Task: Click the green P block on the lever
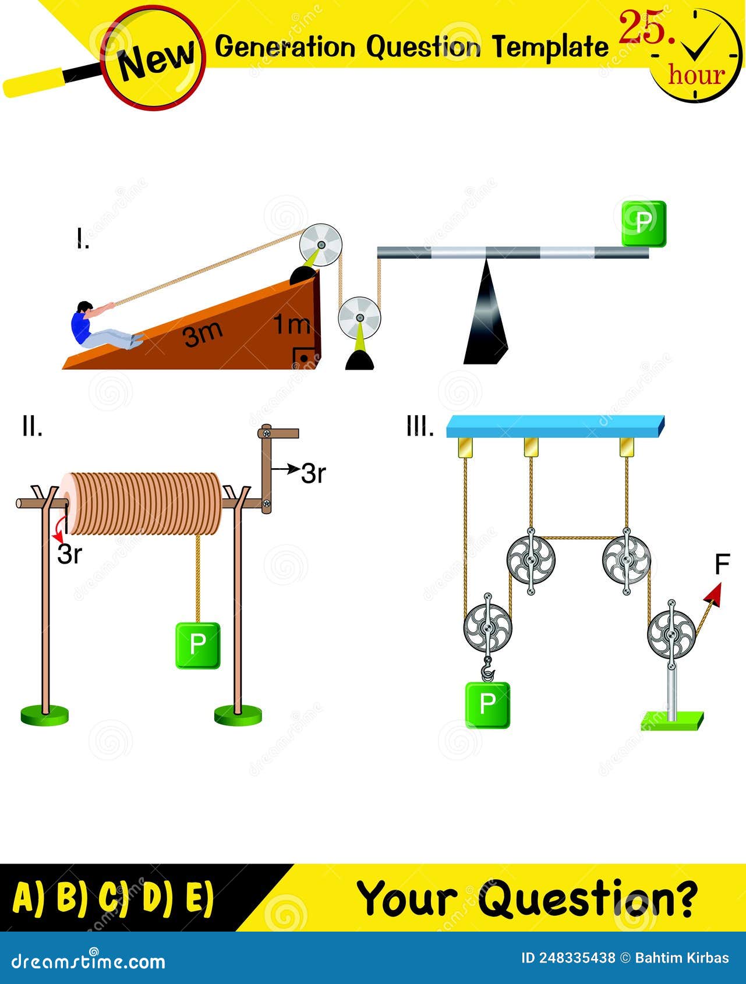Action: coord(644,224)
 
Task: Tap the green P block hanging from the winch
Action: coord(198,645)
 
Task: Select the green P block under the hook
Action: coord(487,705)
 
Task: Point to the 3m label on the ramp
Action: coord(203,334)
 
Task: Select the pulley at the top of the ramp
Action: coord(320,245)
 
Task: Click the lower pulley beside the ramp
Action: coord(359,318)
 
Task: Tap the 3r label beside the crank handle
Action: coord(313,475)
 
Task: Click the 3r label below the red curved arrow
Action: coord(69,555)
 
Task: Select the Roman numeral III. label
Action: coord(420,428)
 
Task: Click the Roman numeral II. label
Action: coord(32,427)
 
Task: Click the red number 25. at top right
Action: coord(646,28)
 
